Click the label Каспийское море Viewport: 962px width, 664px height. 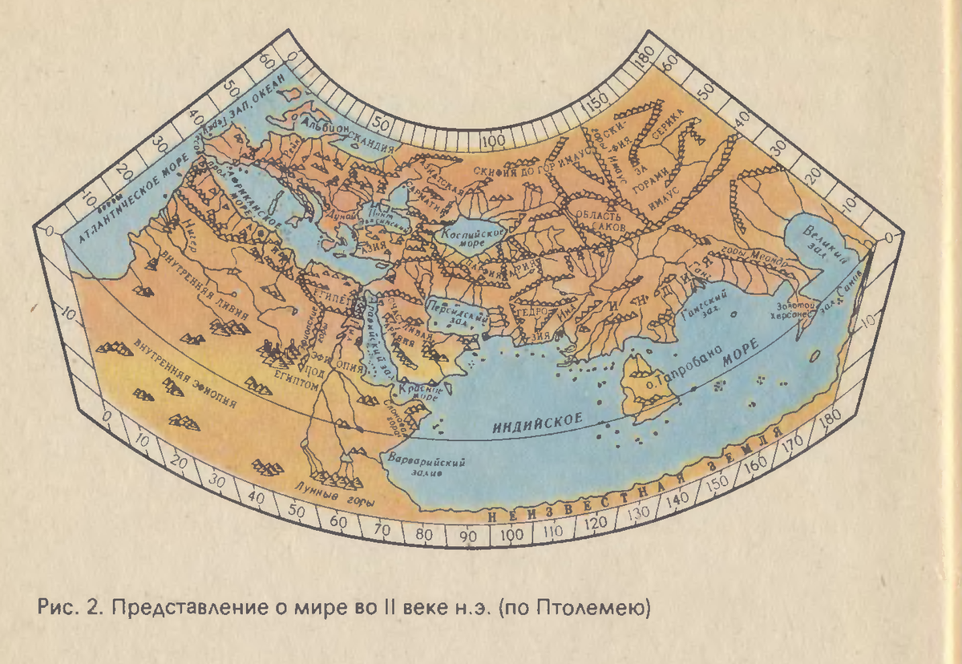click(473, 237)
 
